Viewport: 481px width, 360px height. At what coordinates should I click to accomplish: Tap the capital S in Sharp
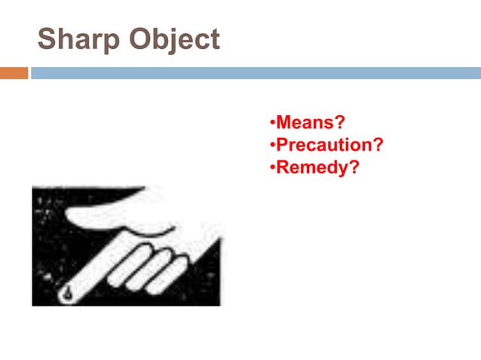47,39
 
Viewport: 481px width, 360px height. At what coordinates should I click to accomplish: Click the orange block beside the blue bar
14,73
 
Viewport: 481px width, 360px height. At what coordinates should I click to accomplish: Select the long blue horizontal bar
256,73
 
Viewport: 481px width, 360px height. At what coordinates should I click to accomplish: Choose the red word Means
305,121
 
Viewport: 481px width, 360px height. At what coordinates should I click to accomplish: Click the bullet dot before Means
272,122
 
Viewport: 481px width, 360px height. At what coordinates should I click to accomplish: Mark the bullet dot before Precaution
272,145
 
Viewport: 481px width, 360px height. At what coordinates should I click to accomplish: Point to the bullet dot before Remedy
272,167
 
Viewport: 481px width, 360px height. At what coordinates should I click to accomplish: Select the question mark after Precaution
377,144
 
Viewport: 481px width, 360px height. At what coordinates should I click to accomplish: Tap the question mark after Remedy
353,166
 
